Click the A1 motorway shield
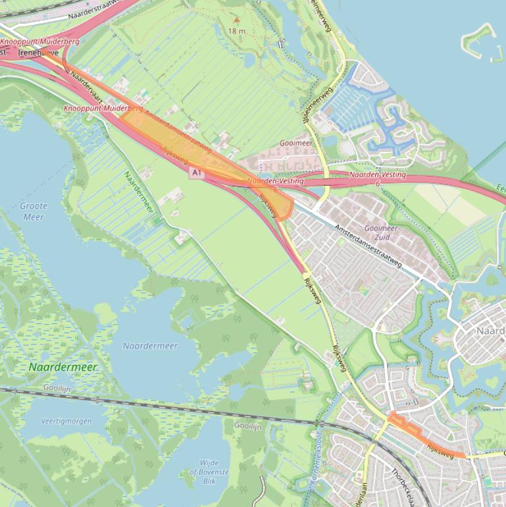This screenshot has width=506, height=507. pos(196,173)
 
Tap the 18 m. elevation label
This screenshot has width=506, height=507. pos(238,31)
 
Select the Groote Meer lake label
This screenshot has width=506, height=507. pos(34,211)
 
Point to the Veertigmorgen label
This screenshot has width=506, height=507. pos(66,421)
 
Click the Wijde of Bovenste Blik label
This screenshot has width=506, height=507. pos(210,472)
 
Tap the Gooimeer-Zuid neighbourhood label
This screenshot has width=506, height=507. pos(377,232)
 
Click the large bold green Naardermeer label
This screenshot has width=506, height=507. pos(63,367)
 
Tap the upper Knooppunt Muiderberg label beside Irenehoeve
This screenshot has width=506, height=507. pos(39,41)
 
